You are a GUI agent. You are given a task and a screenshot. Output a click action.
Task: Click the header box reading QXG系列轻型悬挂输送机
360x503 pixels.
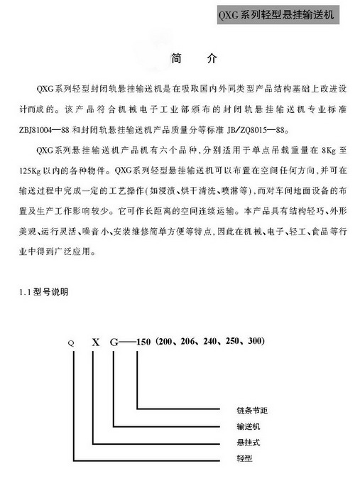tap(280, 14)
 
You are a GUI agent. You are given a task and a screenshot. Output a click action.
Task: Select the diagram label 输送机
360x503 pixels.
tap(249, 427)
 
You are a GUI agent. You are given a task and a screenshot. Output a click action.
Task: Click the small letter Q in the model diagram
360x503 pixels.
tap(70, 342)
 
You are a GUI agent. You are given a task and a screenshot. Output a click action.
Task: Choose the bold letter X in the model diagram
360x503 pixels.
tap(93, 342)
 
